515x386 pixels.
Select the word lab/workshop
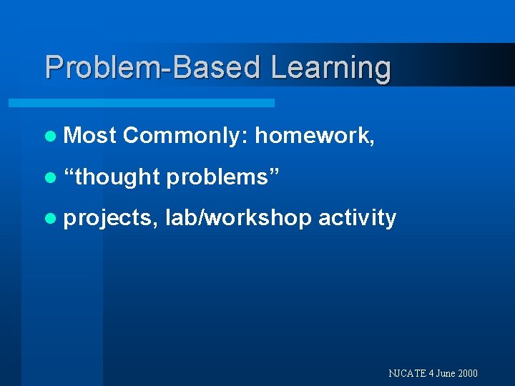(238, 218)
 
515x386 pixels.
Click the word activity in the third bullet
(357, 218)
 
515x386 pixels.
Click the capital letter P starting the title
(53, 68)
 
